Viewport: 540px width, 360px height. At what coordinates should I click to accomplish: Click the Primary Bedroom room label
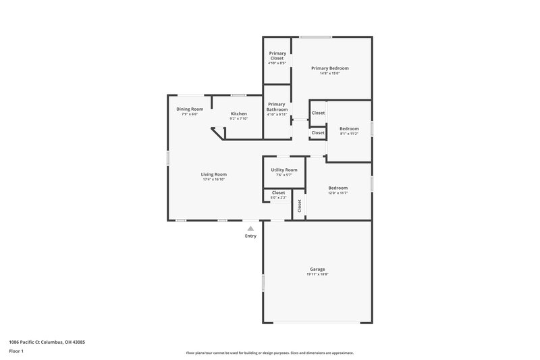point(329,68)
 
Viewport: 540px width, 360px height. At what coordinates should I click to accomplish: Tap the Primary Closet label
point(277,55)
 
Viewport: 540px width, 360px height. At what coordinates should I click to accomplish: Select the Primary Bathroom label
point(277,107)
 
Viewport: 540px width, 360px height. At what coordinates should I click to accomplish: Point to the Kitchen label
point(238,113)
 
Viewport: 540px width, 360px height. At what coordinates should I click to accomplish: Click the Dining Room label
point(190,109)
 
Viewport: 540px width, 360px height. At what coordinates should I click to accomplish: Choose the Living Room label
point(213,174)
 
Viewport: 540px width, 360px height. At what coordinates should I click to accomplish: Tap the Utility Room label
point(283,170)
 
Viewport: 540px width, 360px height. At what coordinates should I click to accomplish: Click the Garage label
point(317,269)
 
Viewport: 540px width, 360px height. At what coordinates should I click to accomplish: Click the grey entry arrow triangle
point(250,229)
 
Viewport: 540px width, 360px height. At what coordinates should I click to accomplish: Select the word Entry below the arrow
point(250,236)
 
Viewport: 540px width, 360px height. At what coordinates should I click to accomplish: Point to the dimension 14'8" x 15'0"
point(329,74)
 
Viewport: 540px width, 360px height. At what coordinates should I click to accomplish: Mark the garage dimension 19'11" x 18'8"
point(317,274)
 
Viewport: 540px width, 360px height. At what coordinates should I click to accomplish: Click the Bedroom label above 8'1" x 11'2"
point(349,128)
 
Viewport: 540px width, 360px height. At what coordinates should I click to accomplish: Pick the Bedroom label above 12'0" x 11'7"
point(338,188)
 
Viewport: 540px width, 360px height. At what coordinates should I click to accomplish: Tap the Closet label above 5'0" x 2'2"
point(278,192)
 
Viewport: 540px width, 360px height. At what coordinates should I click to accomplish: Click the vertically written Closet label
point(299,206)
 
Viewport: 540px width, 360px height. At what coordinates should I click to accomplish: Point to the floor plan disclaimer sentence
point(269,353)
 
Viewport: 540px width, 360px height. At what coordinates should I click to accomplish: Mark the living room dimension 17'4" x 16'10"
point(213,180)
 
